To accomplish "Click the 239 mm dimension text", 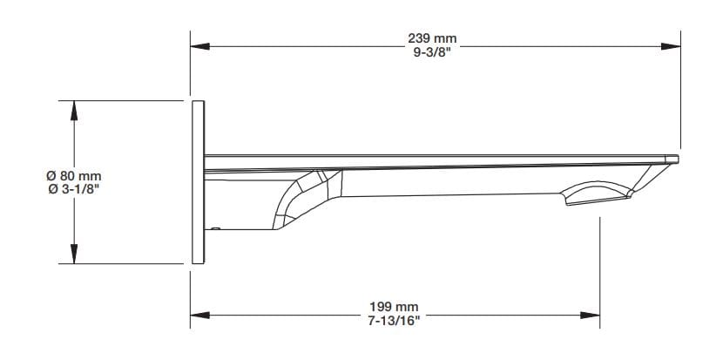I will (432, 39).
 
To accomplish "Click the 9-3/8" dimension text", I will (432, 51).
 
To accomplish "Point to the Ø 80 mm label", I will (75, 176).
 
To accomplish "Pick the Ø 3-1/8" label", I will (75, 188).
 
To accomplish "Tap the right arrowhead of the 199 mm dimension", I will (594, 314).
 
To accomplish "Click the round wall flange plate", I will (198, 182).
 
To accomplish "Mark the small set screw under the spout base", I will (215, 228).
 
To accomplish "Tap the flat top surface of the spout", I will (436, 153).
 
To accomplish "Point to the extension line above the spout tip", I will (680, 87).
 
